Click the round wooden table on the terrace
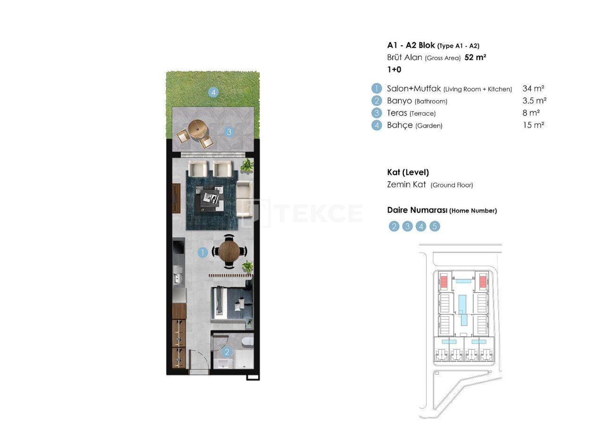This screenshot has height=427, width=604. pyautogui.click(x=197, y=128)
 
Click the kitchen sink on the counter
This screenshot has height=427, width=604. pyautogui.click(x=178, y=275)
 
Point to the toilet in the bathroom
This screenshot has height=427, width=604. pyautogui.click(x=247, y=342)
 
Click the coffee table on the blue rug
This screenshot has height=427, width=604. pyautogui.click(x=211, y=195)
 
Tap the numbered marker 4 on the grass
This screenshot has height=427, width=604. pyautogui.click(x=214, y=92)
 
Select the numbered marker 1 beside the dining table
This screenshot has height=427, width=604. pyautogui.click(x=202, y=253)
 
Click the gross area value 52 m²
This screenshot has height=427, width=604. pyautogui.click(x=475, y=58)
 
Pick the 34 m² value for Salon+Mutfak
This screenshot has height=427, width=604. pyautogui.click(x=534, y=89)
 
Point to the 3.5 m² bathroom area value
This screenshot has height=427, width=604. pyautogui.click(x=535, y=100)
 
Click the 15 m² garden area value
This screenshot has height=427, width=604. pyautogui.click(x=533, y=125)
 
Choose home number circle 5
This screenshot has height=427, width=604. pyautogui.click(x=435, y=226)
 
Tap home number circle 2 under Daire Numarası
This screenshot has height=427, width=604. pyautogui.click(x=394, y=226)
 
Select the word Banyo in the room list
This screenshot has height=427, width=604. pyautogui.click(x=399, y=100)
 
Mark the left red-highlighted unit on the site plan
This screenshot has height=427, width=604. pyautogui.click(x=444, y=282)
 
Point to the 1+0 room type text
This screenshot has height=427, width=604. pyautogui.click(x=394, y=69)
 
